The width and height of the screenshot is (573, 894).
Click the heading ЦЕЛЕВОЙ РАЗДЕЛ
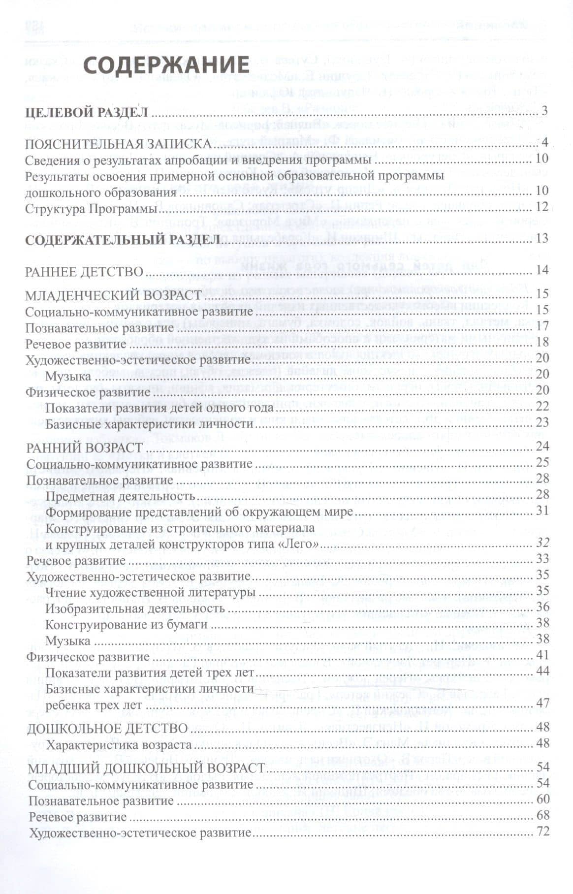click(86, 112)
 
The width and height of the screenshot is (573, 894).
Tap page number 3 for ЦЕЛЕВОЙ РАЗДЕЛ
click(544, 111)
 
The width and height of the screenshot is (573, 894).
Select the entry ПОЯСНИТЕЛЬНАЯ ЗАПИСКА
click(119, 144)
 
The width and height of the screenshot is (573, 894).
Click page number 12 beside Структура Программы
click(542, 207)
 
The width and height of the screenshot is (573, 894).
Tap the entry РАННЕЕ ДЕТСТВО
click(84, 271)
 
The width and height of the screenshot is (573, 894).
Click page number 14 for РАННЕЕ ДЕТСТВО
click(542, 270)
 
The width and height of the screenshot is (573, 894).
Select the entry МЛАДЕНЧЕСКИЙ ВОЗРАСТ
click(114, 295)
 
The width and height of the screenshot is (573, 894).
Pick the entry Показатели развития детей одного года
click(159, 408)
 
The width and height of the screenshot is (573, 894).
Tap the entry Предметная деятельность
click(121, 496)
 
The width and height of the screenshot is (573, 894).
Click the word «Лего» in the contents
click(301, 544)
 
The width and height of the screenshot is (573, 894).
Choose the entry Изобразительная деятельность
click(135, 608)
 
